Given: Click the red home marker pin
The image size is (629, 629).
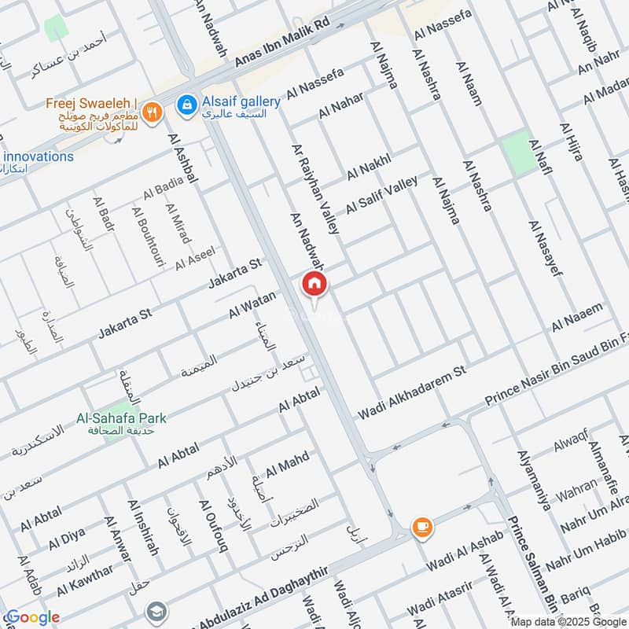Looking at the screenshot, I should (x=314, y=284).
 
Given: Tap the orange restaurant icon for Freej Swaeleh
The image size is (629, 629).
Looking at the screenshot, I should (x=153, y=112).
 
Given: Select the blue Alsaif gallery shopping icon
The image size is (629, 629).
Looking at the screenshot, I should (x=186, y=104).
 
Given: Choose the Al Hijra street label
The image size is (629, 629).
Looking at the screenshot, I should (x=571, y=142).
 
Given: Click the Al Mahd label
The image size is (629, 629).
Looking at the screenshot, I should (x=287, y=465).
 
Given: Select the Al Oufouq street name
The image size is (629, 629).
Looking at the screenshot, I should (x=213, y=527).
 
